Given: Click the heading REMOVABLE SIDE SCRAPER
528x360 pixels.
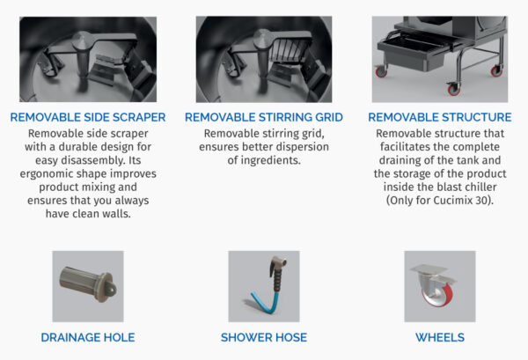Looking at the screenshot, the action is pos(88,117).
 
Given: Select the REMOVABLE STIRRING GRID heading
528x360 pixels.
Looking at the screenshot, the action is pos(264,117).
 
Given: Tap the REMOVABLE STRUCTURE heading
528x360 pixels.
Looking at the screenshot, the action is pos(440,117).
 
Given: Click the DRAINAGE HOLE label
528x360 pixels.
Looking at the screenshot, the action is pos(88,337).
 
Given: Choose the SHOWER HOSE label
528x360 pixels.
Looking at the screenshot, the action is pos(264,337).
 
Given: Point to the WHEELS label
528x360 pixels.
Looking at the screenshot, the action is pos(440,337).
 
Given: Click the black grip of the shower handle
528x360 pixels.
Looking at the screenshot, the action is pos(278,280).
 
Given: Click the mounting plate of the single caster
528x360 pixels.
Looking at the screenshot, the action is pos(429,268).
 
